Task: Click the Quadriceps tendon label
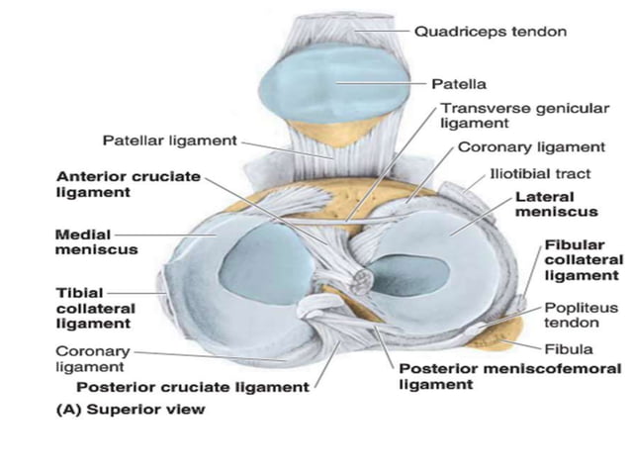pos(490,32)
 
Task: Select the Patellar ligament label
pos(169,141)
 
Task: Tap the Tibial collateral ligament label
pos(95,308)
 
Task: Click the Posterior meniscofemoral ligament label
pos(508,377)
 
